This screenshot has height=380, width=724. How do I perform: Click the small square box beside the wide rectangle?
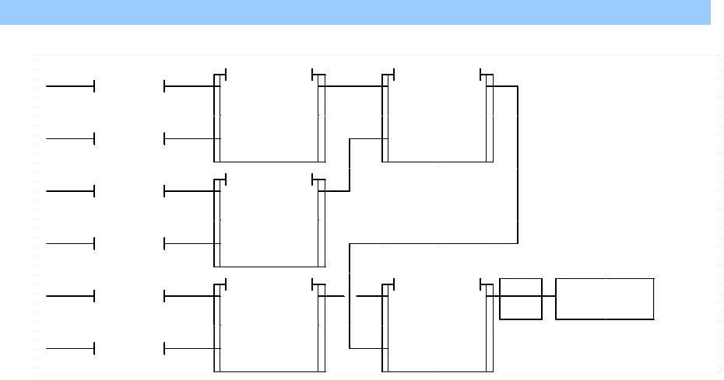coord(521,298)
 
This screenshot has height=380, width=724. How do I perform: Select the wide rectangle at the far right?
coord(605,298)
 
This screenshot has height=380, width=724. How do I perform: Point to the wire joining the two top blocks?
coord(353,86)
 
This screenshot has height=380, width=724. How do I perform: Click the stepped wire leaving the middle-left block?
coord(350,163)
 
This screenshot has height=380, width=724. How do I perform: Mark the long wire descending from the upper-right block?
coord(518,163)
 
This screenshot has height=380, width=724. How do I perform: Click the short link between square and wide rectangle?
coord(549,296)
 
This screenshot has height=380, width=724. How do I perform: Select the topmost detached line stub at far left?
coord(70,86)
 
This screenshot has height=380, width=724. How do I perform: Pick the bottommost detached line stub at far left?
coord(70,349)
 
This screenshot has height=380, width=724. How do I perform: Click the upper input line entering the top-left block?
coord(189,86)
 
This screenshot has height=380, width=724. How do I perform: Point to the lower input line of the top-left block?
coord(189,139)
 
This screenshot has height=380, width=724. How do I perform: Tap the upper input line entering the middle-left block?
coord(189,191)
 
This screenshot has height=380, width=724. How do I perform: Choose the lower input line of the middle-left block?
coord(189,244)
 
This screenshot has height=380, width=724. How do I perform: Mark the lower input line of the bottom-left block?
coord(189,349)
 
